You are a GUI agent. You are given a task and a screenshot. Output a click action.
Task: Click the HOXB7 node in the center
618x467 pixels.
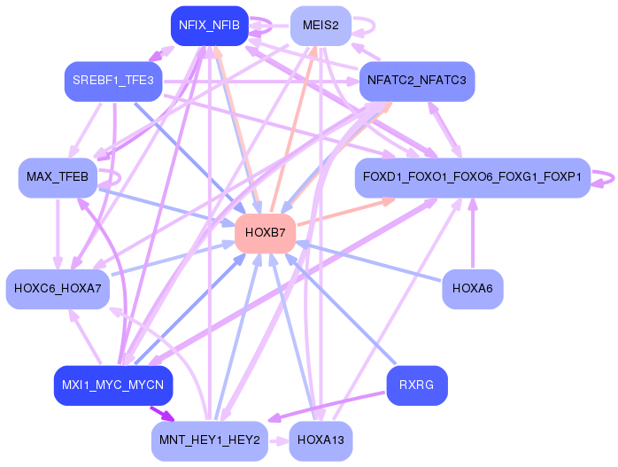(x=266, y=233)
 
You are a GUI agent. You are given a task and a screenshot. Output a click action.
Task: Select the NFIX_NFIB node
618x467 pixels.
(x=209, y=26)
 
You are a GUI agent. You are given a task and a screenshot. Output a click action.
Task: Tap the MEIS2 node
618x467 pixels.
(x=321, y=26)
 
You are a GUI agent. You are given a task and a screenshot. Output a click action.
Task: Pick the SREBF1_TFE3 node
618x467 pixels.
(x=113, y=81)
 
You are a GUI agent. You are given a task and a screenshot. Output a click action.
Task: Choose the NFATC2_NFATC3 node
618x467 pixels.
(x=417, y=81)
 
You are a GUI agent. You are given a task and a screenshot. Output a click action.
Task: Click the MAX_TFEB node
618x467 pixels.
(x=58, y=177)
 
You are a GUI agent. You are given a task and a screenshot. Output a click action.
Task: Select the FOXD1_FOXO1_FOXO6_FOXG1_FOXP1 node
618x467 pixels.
(x=472, y=177)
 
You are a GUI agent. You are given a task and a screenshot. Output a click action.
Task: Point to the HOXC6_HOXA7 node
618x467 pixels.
(x=58, y=289)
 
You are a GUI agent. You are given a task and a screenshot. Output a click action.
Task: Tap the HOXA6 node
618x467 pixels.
(x=472, y=289)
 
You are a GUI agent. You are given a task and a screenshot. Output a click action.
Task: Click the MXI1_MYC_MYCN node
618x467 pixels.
(x=113, y=385)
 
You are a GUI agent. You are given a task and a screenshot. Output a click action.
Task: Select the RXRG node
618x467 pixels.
(x=417, y=385)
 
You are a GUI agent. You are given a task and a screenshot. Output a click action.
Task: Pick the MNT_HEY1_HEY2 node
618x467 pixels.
(x=209, y=440)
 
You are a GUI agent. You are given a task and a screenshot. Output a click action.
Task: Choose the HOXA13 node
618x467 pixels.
(x=321, y=440)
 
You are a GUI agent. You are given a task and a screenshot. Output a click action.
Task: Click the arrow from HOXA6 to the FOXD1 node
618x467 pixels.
(x=473, y=234)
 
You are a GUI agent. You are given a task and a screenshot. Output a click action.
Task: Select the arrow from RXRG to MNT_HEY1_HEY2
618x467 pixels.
(x=327, y=407)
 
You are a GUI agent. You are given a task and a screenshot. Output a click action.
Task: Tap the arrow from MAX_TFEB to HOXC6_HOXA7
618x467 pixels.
(x=58, y=234)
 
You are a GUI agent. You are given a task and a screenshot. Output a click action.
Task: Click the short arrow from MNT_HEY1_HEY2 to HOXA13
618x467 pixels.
(x=279, y=441)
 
